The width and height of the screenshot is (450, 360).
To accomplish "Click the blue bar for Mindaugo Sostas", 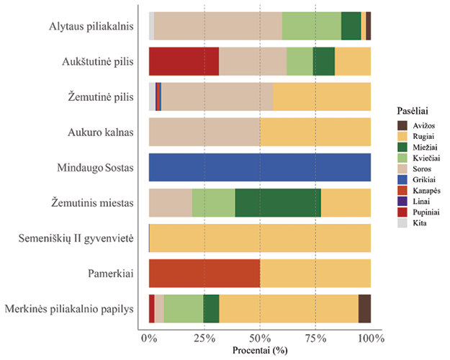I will tap(259, 167).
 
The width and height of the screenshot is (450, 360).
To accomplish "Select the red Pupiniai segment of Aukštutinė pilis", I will tap(184, 61).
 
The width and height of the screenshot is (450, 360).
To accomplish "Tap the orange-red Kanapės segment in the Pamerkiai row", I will tap(204, 273).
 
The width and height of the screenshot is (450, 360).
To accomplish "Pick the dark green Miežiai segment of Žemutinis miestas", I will tap(278, 202).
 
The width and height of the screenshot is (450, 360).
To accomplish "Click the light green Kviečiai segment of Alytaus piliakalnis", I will tap(311, 26).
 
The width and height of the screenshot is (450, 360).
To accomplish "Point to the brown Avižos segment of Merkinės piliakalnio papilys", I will tap(364, 308).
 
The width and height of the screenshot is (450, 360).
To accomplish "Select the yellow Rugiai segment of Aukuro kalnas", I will tap(315, 132).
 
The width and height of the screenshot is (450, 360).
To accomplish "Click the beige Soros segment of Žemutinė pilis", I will tap(217, 96).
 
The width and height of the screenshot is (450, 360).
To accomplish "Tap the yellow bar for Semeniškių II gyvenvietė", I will tap(260, 238).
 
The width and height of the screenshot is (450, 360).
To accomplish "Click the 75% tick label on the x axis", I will tap(315, 338).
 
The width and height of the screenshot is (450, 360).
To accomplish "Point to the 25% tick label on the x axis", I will tap(204, 338).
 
